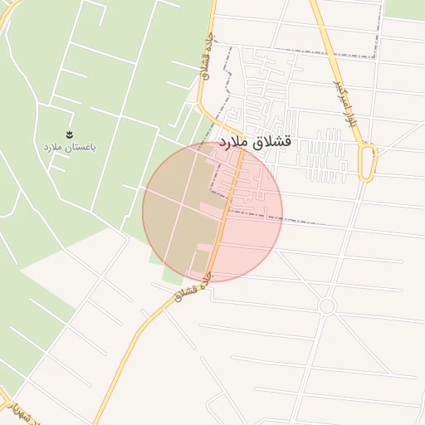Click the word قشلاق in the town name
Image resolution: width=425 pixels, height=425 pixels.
pos(275,142)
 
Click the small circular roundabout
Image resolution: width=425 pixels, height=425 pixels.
pos(326,306)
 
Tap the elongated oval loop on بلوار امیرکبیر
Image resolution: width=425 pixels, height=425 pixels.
pos(368,162)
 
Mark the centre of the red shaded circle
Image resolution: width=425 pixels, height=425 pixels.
pos(212,212)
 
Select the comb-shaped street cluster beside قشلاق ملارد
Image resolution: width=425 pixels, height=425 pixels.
pos(329,156)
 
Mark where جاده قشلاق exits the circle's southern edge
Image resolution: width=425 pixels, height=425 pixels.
pos(211,281)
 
